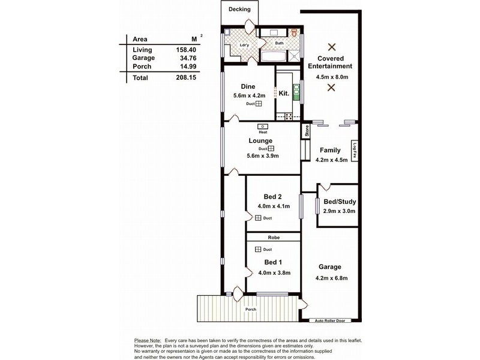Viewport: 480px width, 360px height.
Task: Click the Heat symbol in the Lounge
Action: [263, 127]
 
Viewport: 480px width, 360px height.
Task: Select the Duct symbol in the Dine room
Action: [259, 104]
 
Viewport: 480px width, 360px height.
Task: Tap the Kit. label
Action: [284, 94]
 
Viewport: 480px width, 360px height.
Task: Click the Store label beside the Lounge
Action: [306, 131]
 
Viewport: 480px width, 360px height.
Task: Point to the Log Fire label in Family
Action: [355, 150]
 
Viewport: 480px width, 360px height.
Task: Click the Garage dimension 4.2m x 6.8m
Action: [331, 278]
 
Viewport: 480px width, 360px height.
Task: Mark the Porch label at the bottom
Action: [250, 310]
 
